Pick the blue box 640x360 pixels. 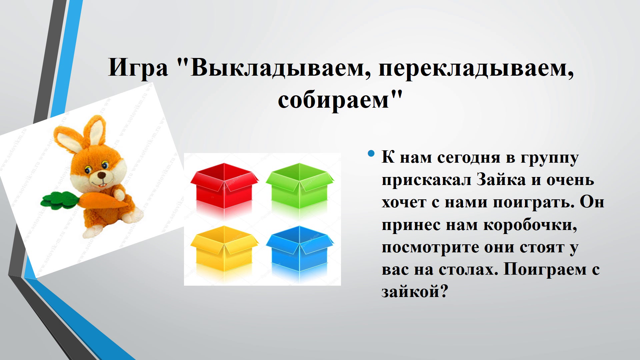tap(300, 248)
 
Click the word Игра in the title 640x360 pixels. tap(138, 68)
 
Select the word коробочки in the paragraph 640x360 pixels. tap(530, 225)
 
